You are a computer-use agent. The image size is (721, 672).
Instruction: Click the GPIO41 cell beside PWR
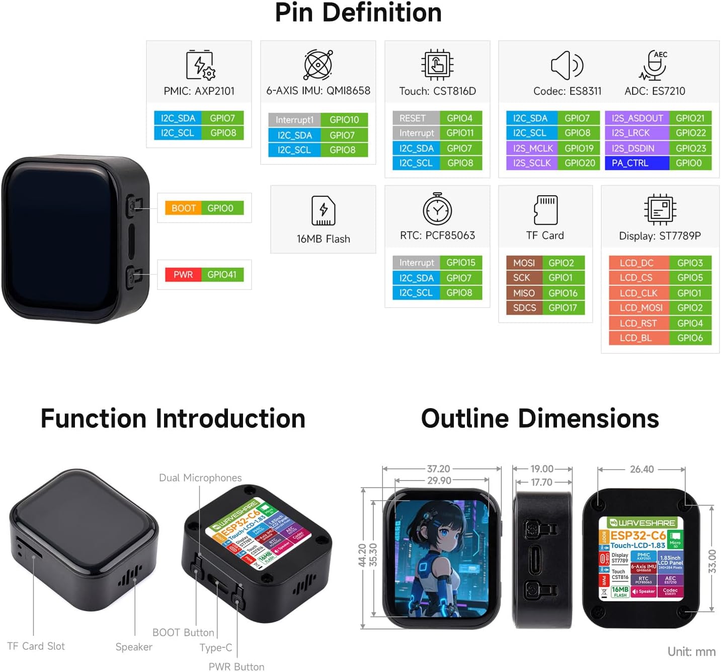(x=222, y=274)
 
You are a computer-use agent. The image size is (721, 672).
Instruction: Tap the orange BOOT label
(x=183, y=208)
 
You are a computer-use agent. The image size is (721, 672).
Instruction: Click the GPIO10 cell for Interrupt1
(x=344, y=120)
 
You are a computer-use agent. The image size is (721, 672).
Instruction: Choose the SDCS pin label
(x=524, y=308)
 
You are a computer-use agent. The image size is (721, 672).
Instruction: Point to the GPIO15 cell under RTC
(x=460, y=262)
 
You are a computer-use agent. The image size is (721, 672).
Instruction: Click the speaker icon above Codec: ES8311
(x=567, y=65)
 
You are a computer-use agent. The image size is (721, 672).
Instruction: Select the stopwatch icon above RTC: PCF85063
(x=437, y=209)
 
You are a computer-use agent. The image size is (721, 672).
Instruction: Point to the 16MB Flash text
(x=323, y=239)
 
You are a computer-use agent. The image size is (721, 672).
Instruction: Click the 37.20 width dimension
(x=438, y=468)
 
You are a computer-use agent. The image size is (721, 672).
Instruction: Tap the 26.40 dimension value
(x=642, y=469)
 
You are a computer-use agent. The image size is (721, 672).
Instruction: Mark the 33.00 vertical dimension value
(x=711, y=561)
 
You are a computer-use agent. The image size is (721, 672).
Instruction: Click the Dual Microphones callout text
(x=200, y=477)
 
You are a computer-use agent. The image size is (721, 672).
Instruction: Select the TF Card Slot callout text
(x=36, y=646)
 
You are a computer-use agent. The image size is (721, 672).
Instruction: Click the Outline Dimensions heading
(x=540, y=418)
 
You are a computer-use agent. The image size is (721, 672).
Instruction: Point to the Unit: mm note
(x=691, y=651)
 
